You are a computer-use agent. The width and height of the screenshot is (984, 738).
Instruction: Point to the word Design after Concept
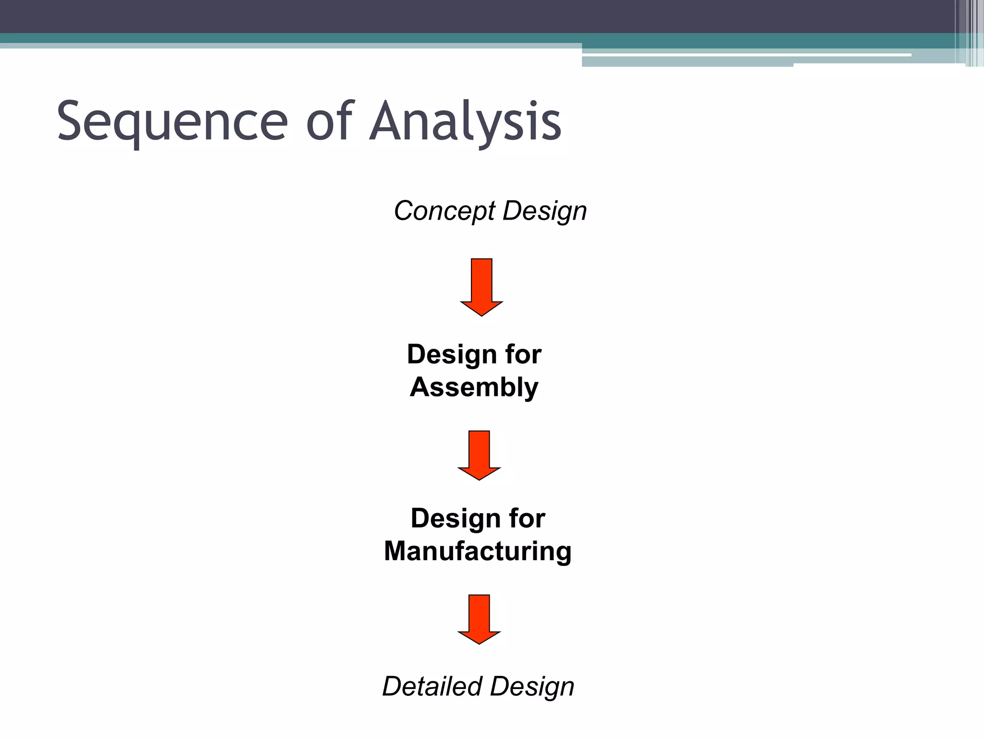point(544,211)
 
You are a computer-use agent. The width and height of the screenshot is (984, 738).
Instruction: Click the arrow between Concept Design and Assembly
point(481,286)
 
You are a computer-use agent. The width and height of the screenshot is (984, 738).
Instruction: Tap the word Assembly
point(474,387)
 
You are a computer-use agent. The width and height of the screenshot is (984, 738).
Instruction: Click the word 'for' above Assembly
point(523,355)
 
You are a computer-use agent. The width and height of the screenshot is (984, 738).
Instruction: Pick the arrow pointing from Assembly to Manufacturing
point(479,455)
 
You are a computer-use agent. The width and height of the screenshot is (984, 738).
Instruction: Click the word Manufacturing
point(478,551)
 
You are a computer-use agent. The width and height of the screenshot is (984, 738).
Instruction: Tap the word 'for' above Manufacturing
point(527,519)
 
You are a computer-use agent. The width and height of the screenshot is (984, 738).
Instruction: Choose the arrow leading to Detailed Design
point(479,618)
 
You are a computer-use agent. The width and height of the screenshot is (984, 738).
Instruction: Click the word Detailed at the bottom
point(432,686)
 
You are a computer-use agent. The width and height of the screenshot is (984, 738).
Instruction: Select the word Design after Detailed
point(532,686)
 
